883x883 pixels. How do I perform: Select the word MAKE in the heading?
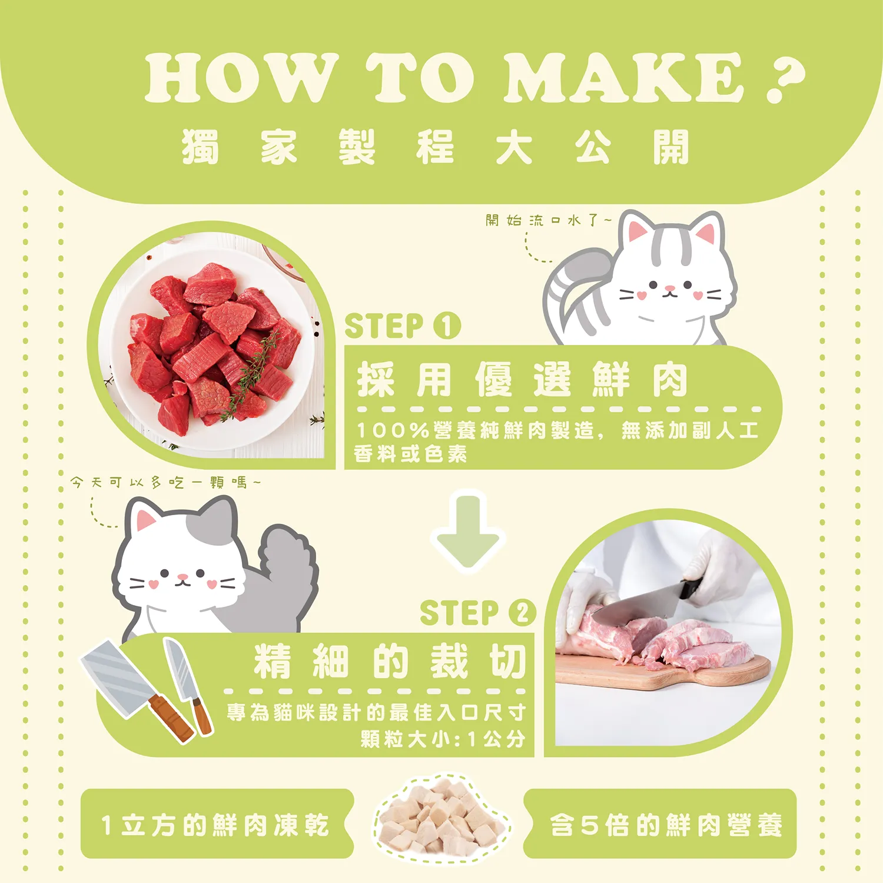(x=624, y=77)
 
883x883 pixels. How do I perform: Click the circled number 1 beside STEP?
(x=447, y=326)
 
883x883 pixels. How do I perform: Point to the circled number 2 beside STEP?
(x=522, y=612)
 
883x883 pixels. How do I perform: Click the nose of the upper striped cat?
(x=669, y=288)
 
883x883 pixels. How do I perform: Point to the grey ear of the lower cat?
(x=215, y=518)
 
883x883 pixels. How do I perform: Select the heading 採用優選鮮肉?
(x=522, y=380)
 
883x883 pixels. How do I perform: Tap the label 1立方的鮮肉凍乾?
(x=215, y=825)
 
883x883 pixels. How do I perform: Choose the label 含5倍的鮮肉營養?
(x=666, y=825)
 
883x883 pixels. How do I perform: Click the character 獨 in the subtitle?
(x=200, y=147)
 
